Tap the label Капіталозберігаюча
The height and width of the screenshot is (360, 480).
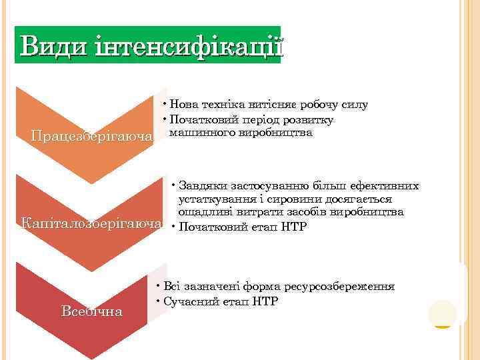pos(91,222)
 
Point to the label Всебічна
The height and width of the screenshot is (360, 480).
pos(91,311)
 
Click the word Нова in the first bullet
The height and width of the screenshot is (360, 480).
pos(182,104)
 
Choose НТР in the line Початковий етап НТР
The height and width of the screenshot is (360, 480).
pos(293,227)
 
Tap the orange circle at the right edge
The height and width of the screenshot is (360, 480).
pos(443,313)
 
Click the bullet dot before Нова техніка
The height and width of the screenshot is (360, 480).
pos(164,103)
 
